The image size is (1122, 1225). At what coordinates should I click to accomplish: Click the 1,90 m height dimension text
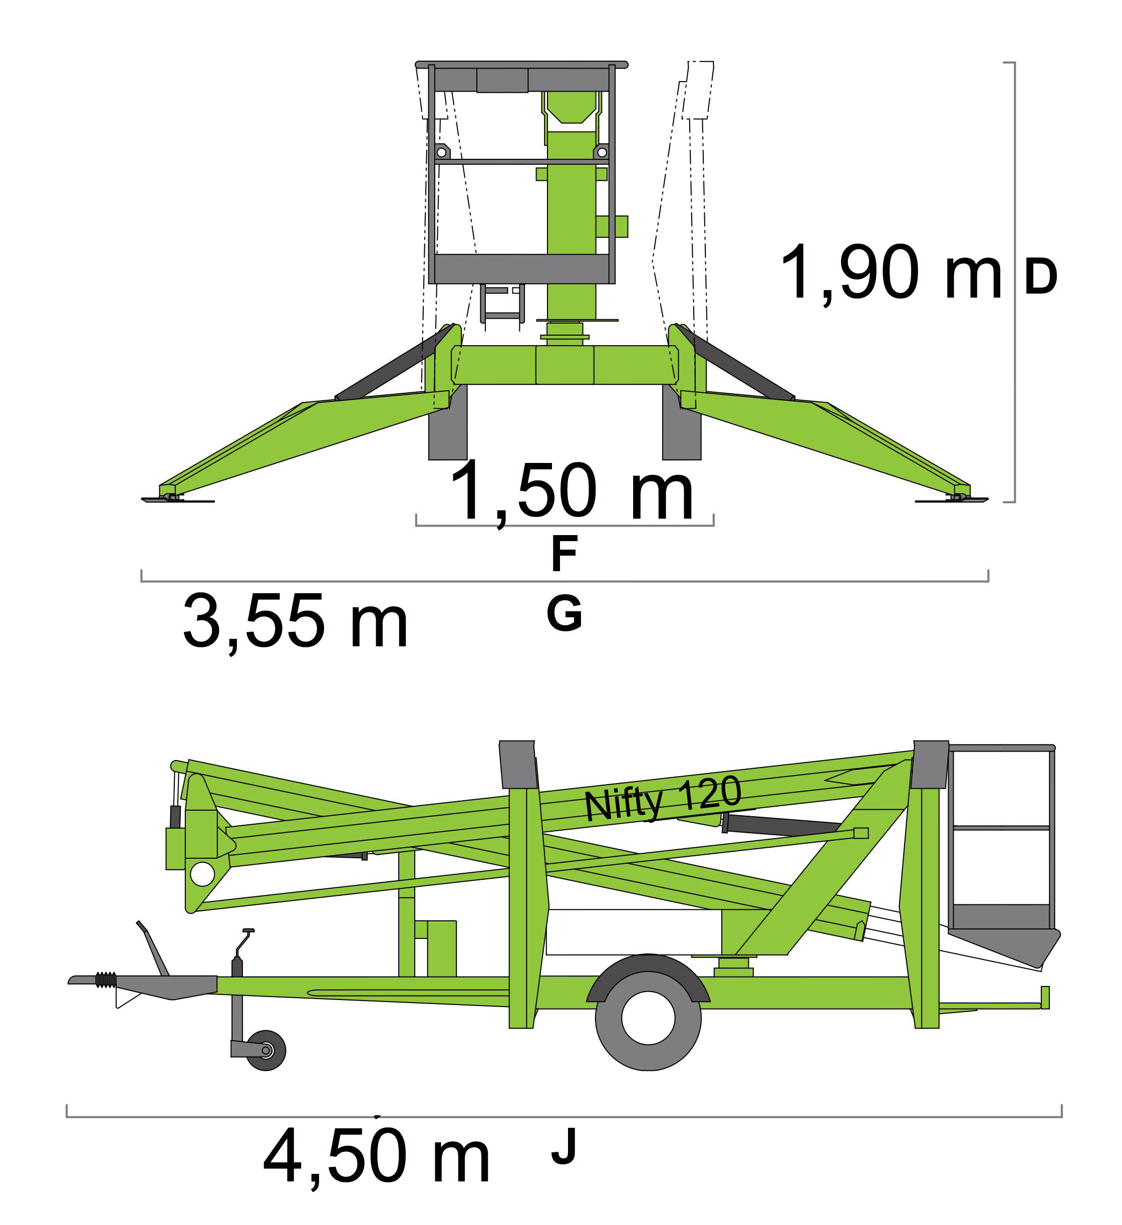[891, 273]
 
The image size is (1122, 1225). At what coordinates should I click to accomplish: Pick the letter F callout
[565, 554]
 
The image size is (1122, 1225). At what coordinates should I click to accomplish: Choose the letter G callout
[565, 613]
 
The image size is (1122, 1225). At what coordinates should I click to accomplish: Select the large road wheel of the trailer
[648, 1018]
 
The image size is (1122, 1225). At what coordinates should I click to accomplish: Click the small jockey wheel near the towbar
[265, 1051]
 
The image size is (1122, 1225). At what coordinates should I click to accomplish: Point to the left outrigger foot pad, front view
[177, 500]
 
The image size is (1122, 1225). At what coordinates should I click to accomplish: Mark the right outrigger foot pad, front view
[952, 500]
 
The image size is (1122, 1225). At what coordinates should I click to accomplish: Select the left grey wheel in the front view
[448, 422]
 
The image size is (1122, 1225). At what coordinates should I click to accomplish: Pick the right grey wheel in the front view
[682, 422]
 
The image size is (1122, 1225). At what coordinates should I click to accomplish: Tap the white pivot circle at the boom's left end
[202, 874]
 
